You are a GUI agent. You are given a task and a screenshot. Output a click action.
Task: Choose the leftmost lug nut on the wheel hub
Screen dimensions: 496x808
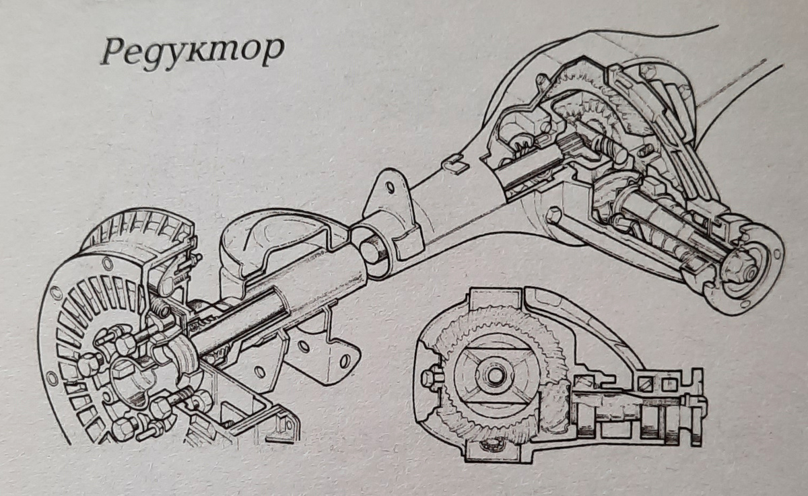pyautogui.click(x=88, y=364)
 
